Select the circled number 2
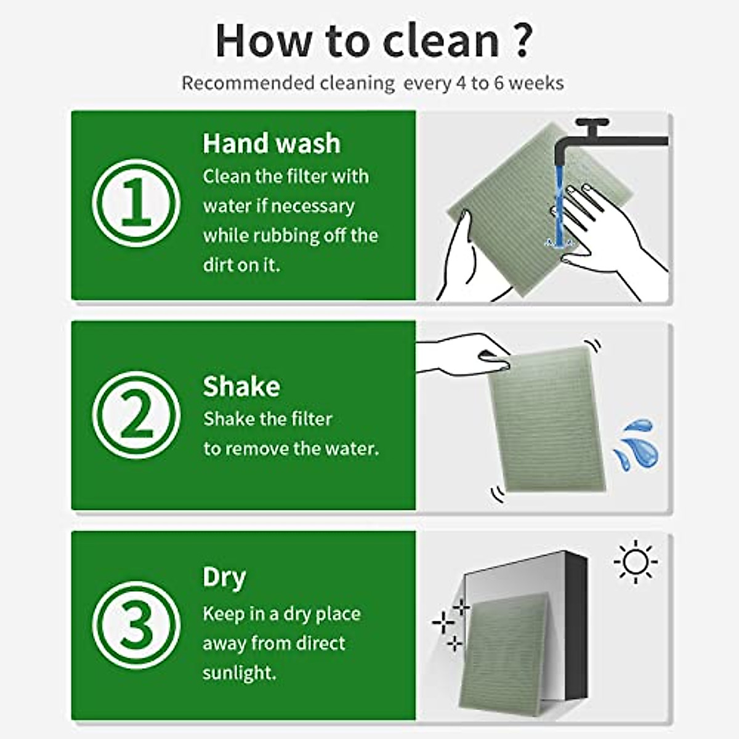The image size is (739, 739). click(136, 415)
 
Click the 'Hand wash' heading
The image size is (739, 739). click(271, 143)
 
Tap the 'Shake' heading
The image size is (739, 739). click(241, 386)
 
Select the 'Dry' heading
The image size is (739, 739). click(224, 577)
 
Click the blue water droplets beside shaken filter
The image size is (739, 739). click(636, 443)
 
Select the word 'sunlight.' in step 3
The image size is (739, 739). click(240, 672)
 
